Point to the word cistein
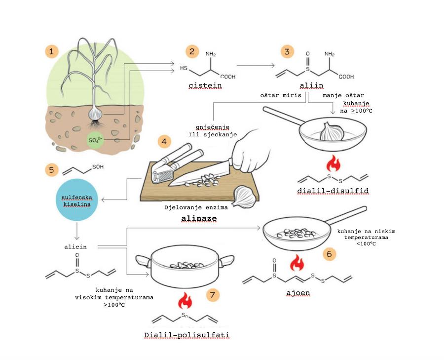click(x=205, y=86)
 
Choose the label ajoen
click(x=298, y=293)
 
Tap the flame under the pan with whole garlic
click(x=334, y=162)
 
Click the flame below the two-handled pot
click(x=186, y=298)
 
